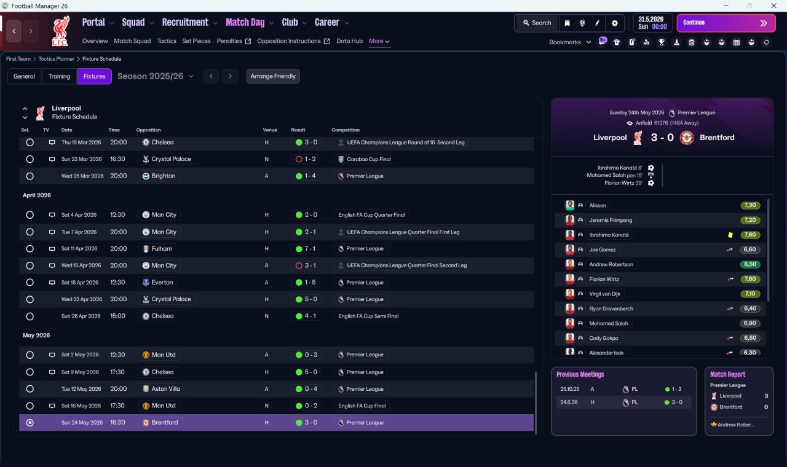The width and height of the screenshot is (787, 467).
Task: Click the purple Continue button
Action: (x=726, y=23)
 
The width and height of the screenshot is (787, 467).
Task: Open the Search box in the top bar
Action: (x=537, y=23)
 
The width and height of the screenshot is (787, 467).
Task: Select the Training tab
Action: (x=59, y=76)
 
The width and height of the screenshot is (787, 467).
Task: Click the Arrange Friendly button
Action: (x=273, y=76)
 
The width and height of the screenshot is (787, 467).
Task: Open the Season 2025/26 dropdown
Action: (x=156, y=76)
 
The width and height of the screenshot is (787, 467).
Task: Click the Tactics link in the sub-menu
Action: (x=167, y=41)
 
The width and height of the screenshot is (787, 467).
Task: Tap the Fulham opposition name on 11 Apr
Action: (x=162, y=249)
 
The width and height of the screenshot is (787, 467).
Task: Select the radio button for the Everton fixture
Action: (x=30, y=282)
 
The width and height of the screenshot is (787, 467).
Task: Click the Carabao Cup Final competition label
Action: (x=368, y=159)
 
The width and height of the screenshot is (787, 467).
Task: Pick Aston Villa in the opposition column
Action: (x=165, y=389)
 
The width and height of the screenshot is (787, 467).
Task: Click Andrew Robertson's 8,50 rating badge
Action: (x=749, y=264)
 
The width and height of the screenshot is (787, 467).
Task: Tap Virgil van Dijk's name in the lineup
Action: (x=604, y=294)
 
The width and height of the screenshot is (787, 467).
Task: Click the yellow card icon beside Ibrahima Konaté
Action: (x=730, y=235)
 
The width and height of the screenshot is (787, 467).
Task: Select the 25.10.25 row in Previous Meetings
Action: (x=623, y=389)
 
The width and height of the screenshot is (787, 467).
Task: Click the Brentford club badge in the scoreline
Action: (x=687, y=138)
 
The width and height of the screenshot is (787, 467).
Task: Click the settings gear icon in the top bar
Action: (x=614, y=23)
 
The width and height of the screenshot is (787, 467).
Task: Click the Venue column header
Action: (x=270, y=130)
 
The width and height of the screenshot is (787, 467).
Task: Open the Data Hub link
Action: (x=350, y=41)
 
